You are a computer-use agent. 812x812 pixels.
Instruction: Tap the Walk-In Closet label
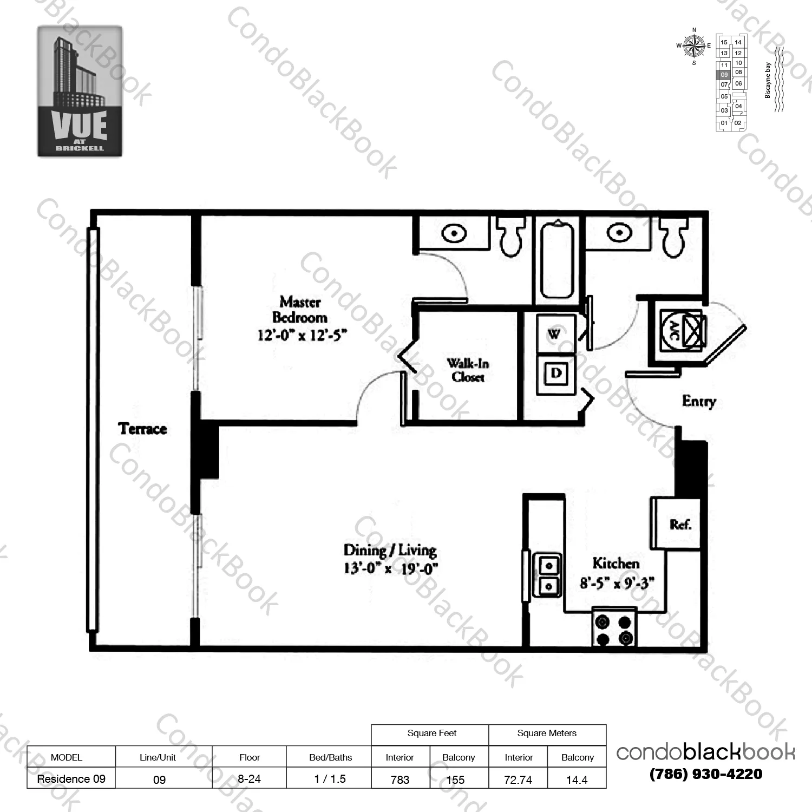point(468,370)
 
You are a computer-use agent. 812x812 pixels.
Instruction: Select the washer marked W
point(554,333)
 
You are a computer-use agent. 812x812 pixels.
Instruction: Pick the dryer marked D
point(555,373)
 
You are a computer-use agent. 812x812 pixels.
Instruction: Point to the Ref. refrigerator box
point(679,523)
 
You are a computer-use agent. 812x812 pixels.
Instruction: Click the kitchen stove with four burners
point(614,630)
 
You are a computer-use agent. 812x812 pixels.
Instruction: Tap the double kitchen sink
point(548,575)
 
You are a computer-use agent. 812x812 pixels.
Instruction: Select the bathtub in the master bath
point(557,260)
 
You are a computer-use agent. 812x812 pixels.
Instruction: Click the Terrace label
point(142,429)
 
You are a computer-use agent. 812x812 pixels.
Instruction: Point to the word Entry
point(698,401)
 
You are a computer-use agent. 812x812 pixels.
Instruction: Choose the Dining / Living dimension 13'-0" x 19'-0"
point(390,568)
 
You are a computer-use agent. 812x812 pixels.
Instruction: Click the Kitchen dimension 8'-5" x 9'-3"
point(617,582)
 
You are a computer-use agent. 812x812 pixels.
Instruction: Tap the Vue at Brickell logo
point(80,91)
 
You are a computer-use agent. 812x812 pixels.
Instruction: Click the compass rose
point(693,47)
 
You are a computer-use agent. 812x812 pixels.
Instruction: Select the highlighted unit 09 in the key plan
point(724,75)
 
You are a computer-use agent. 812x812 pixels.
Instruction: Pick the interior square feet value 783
point(400,780)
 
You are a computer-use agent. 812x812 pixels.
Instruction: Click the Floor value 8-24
point(249,779)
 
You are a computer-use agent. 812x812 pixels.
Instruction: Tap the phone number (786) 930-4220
point(706,774)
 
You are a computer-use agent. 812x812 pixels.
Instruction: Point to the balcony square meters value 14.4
point(577,780)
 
